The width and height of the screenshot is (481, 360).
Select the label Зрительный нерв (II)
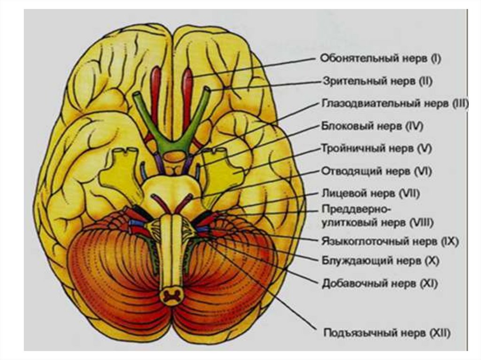pos(377,80)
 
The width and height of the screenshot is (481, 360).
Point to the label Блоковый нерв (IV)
pos(373,126)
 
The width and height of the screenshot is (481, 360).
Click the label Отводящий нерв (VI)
pos(376,171)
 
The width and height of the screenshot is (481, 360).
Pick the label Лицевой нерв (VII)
pos(371,193)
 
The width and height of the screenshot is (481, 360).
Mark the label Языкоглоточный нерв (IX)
pos(390,242)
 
